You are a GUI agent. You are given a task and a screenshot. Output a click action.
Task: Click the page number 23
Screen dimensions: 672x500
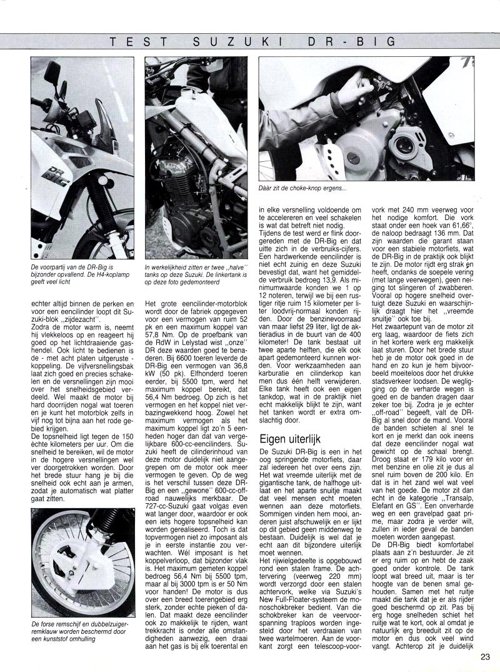[486, 656]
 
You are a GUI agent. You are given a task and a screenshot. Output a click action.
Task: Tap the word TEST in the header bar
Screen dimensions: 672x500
[139, 42]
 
